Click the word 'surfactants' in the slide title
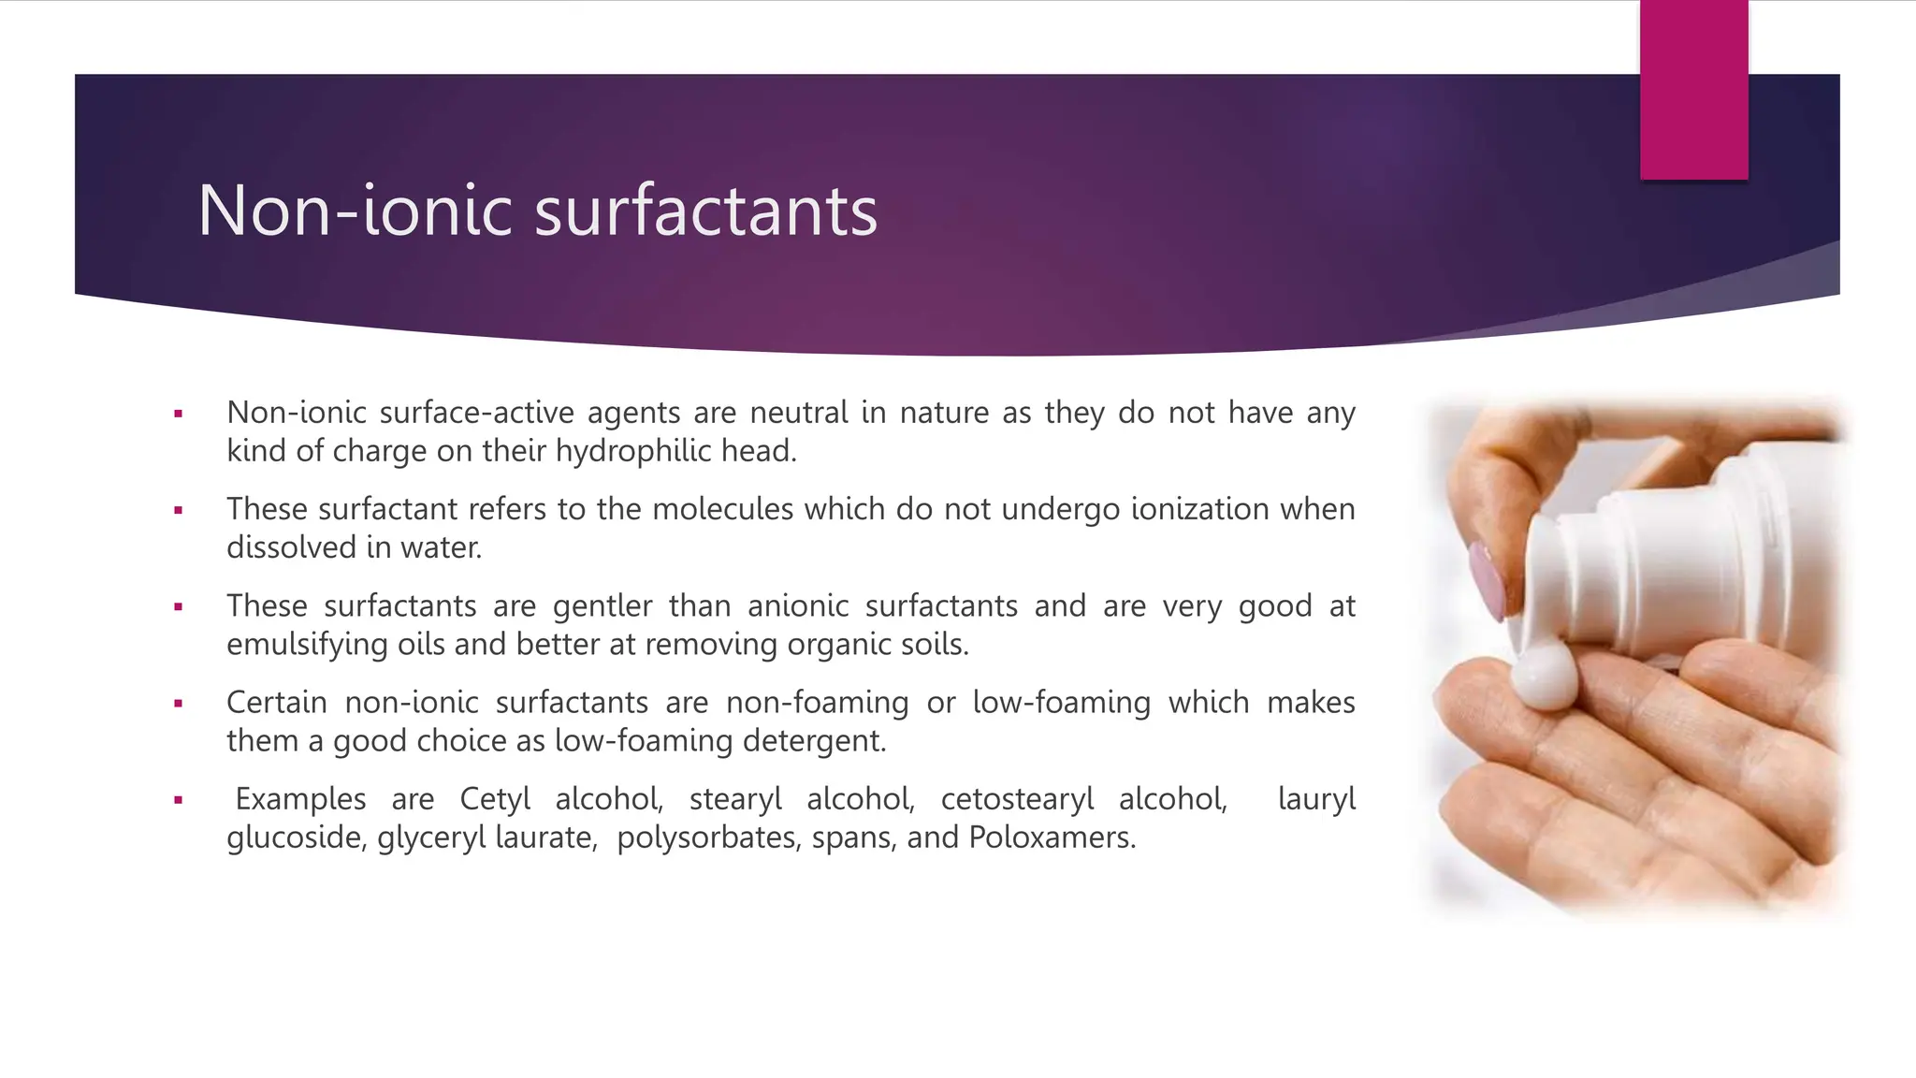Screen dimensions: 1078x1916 (x=705, y=211)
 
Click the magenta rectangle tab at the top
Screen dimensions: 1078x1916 (x=1693, y=90)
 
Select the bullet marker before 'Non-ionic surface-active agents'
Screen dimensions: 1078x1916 (x=178, y=414)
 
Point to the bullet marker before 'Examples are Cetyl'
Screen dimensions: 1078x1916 (x=178, y=800)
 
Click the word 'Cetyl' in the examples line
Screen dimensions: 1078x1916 (x=495, y=799)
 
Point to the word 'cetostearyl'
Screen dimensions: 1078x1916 (x=1017, y=799)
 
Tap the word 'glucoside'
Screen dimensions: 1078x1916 (x=294, y=838)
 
